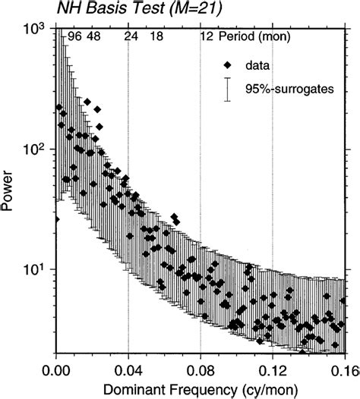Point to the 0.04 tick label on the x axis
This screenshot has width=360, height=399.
pyautogui.click(x=128, y=371)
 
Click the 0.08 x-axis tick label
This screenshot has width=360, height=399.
pyautogui.click(x=201, y=371)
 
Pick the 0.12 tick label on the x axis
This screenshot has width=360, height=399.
pyautogui.click(x=273, y=371)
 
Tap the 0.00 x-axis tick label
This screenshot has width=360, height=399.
pyautogui.click(x=56, y=371)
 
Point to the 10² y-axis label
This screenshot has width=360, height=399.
pyautogui.click(x=37, y=149)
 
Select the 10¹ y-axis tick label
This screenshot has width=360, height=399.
pyautogui.click(x=37, y=269)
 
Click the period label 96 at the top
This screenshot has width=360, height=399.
pyautogui.click(x=74, y=36)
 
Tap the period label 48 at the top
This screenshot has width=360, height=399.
pyautogui.click(x=93, y=36)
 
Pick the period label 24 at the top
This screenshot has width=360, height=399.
pyautogui.click(x=131, y=36)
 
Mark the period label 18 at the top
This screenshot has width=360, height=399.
pyautogui.click(x=156, y=36)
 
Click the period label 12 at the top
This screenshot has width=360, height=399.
pyautogui.click(x=205, y=36)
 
